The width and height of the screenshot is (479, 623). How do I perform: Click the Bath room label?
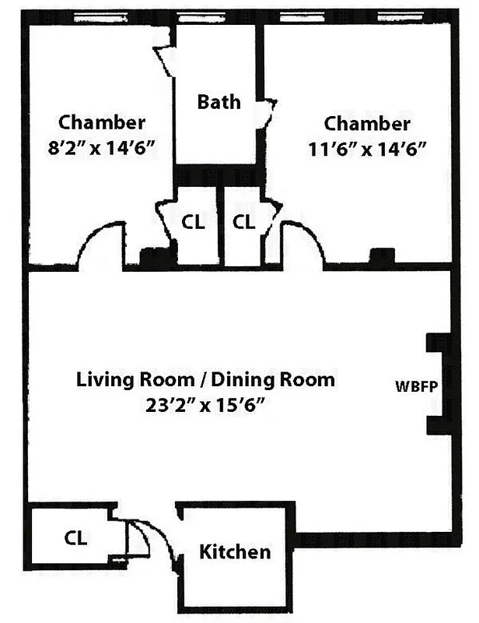coord(219,102)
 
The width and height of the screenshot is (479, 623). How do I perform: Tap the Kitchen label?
coord(236,552)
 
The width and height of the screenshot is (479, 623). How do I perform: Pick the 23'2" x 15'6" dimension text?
coord(205,406)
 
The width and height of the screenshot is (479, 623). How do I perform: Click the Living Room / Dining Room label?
coord(205,380)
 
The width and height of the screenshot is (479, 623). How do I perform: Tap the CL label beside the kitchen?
coord(75,538)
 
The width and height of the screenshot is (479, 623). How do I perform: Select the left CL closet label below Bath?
coord(193,222)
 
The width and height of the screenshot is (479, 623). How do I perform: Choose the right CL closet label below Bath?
coord(244,222)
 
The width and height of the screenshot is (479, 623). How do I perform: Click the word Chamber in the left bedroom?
coord(102,122)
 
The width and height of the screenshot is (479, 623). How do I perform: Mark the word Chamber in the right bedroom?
coord(367,123)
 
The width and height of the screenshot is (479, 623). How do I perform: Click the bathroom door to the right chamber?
coord(267,109)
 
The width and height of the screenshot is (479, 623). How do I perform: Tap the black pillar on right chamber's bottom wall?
coord(381,258)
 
